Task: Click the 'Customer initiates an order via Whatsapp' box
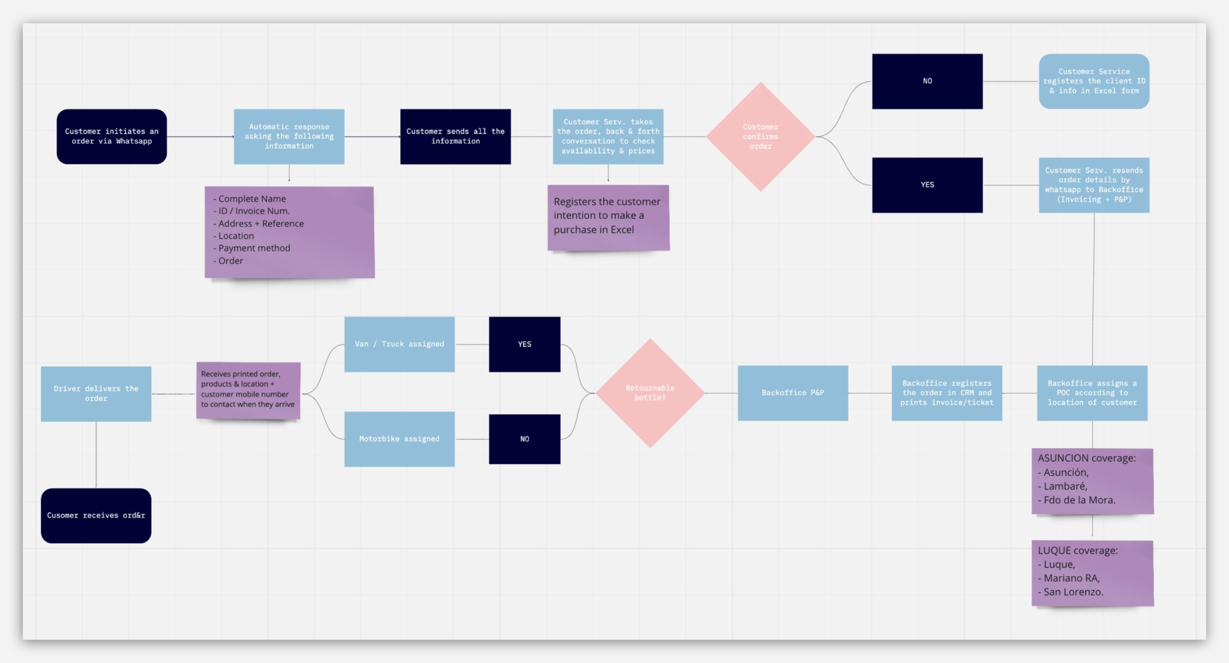112,136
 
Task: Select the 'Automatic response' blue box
289,136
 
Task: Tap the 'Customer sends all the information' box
455,136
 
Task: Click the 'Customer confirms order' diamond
761,136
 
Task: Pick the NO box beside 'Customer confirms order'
927,81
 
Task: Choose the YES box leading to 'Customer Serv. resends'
927,185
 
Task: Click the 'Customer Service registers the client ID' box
1094,81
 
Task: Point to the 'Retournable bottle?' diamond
650,393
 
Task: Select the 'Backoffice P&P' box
792,393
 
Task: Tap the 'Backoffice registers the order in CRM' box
947,393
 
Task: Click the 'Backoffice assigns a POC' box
1092,393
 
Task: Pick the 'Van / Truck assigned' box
399,344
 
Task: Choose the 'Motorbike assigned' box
399,439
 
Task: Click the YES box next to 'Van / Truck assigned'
525,344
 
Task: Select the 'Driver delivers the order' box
96,393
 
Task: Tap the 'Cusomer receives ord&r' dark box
96,515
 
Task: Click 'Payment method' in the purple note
254,248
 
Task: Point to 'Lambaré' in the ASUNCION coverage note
1065,486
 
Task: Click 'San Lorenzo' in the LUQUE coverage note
1073,592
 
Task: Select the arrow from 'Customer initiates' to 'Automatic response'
200,137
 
